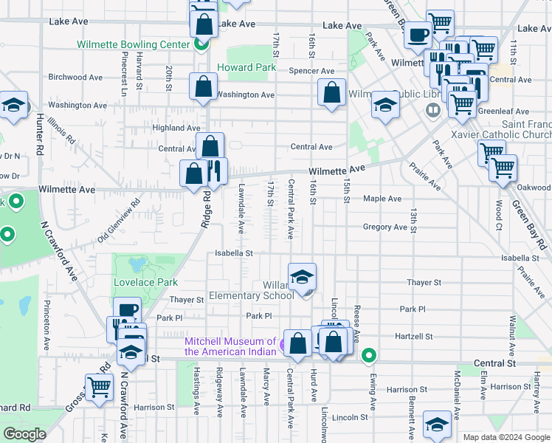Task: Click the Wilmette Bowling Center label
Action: (x=134, y=44)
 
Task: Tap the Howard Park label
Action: (x=246, y=67)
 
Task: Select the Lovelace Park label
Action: (x=146, y=282)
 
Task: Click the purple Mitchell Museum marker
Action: (x=285, y=342)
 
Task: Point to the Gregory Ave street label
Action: (x=385, y=227)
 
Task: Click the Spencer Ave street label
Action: (x=312, y=71)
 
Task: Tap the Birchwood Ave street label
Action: (x=75, y=77)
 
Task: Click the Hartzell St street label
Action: (x=414, y=336)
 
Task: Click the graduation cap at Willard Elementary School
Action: (x=302, y=277)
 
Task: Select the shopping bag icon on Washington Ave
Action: (x=201, y=87)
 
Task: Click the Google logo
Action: (x=24, y=434)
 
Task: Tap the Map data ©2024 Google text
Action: (x=506, y=437)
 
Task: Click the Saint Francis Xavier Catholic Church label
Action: (x=526, y=130)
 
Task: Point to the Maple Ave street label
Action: (x=382, y=199)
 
